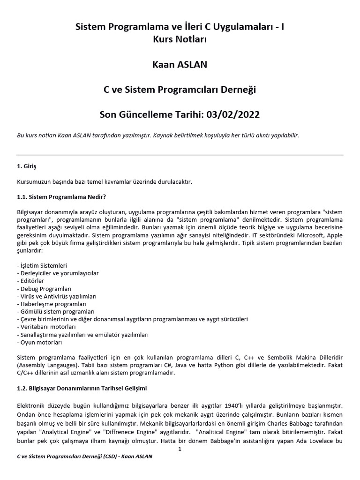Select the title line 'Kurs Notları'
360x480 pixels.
[x=180, y=40]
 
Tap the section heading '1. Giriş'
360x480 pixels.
[x=26, y=166]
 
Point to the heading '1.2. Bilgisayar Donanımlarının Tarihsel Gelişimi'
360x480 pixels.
[x=82, y=389]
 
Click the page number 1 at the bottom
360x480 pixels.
[x=180, y=449]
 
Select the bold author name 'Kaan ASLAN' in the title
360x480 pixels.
[x=180, y=65]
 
